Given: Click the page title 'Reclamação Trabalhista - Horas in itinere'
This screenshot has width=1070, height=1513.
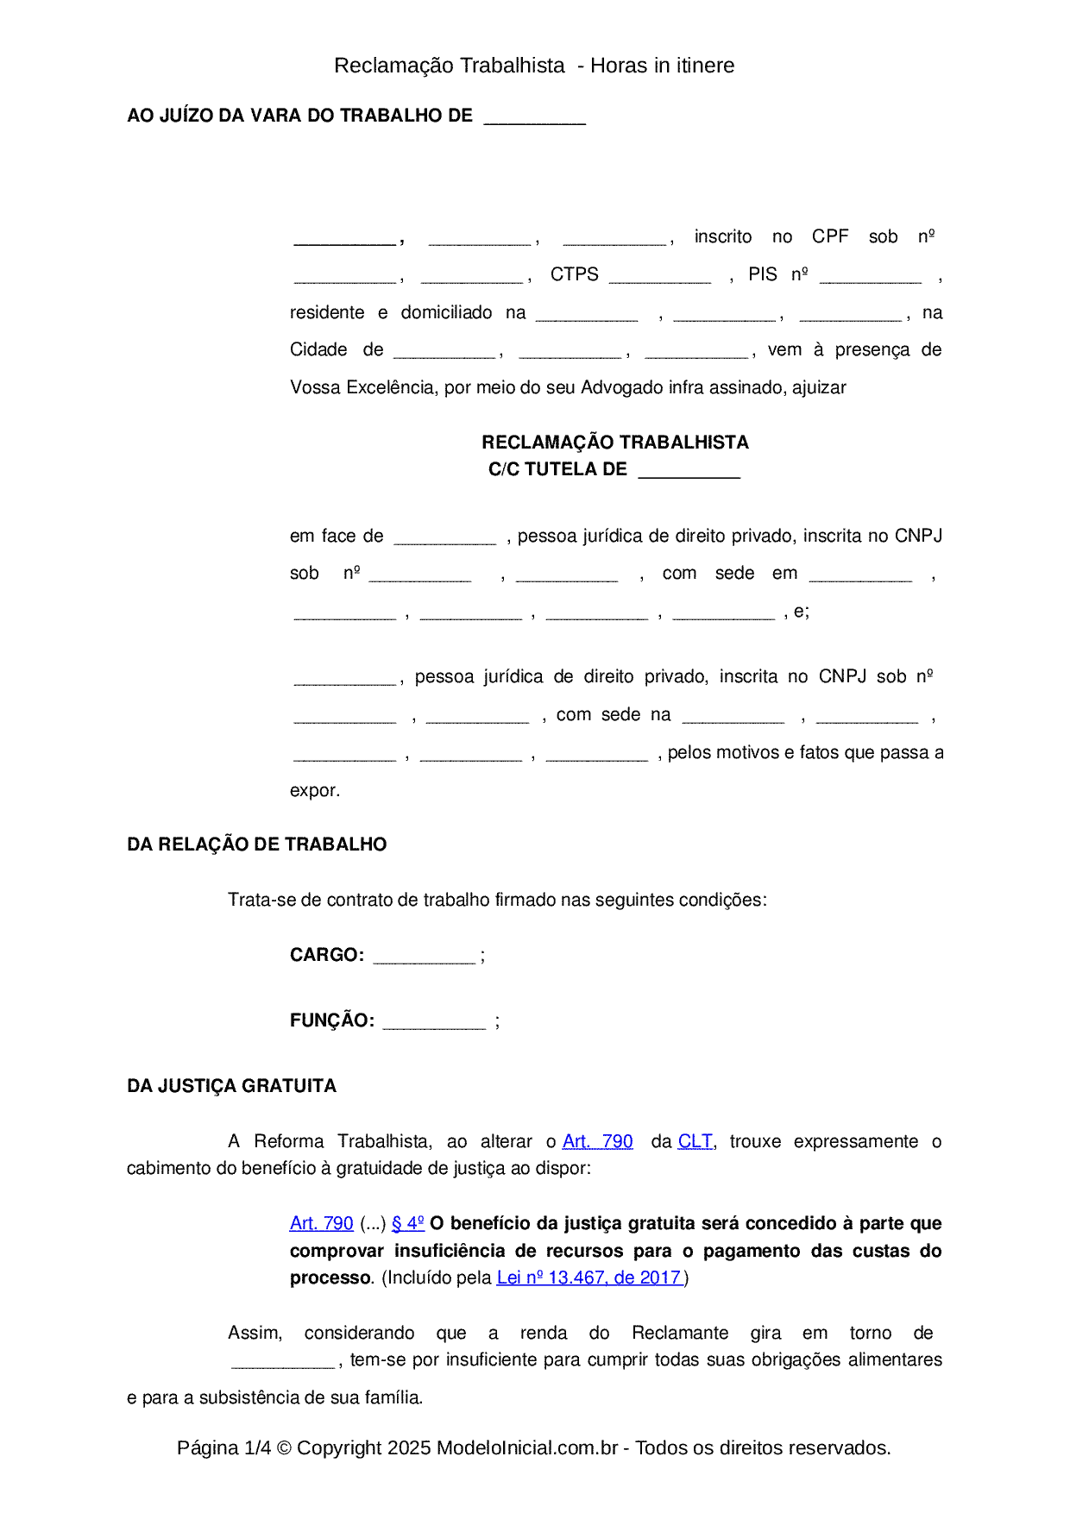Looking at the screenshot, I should tap(534, 66).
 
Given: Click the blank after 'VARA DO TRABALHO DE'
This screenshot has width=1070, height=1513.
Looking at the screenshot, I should tap(535, 118).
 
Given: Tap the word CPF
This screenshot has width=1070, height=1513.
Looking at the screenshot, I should tap(830, 236).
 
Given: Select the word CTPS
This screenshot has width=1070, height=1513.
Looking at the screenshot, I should tap(575, 274).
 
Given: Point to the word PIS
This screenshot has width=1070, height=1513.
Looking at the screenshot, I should tap(763, 274).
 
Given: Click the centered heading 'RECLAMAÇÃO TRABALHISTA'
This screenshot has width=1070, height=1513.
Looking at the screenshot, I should tap(615, 443).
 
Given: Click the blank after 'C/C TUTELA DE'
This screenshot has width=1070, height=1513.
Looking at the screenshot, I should tap(689, 472).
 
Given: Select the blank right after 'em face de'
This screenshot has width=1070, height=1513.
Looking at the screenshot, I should tap(445, 538).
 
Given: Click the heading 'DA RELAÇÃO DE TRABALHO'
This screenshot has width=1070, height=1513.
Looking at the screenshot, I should tap(257, 844).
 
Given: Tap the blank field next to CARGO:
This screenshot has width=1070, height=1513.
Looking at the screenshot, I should tap(425, 957).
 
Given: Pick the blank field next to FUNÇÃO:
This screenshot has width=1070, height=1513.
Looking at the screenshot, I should tap(434, 1023).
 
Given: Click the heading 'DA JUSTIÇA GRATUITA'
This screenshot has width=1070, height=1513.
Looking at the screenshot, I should tap(232, 1086).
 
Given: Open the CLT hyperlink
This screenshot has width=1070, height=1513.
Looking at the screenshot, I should tap(695, 1141).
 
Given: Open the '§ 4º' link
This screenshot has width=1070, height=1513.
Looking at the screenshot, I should tap(408, 1223).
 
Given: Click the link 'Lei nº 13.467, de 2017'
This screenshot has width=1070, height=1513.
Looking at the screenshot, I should tap(590, 1278).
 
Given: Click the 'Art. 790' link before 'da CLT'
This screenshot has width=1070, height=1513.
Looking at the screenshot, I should tap(598, 1141).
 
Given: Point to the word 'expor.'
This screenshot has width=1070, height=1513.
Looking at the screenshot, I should tap(315, 790).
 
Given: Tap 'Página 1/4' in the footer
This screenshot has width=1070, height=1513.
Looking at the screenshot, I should tap(224, 1447).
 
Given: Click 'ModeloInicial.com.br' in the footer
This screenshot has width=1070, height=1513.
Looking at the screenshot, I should tap(527, 1447).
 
